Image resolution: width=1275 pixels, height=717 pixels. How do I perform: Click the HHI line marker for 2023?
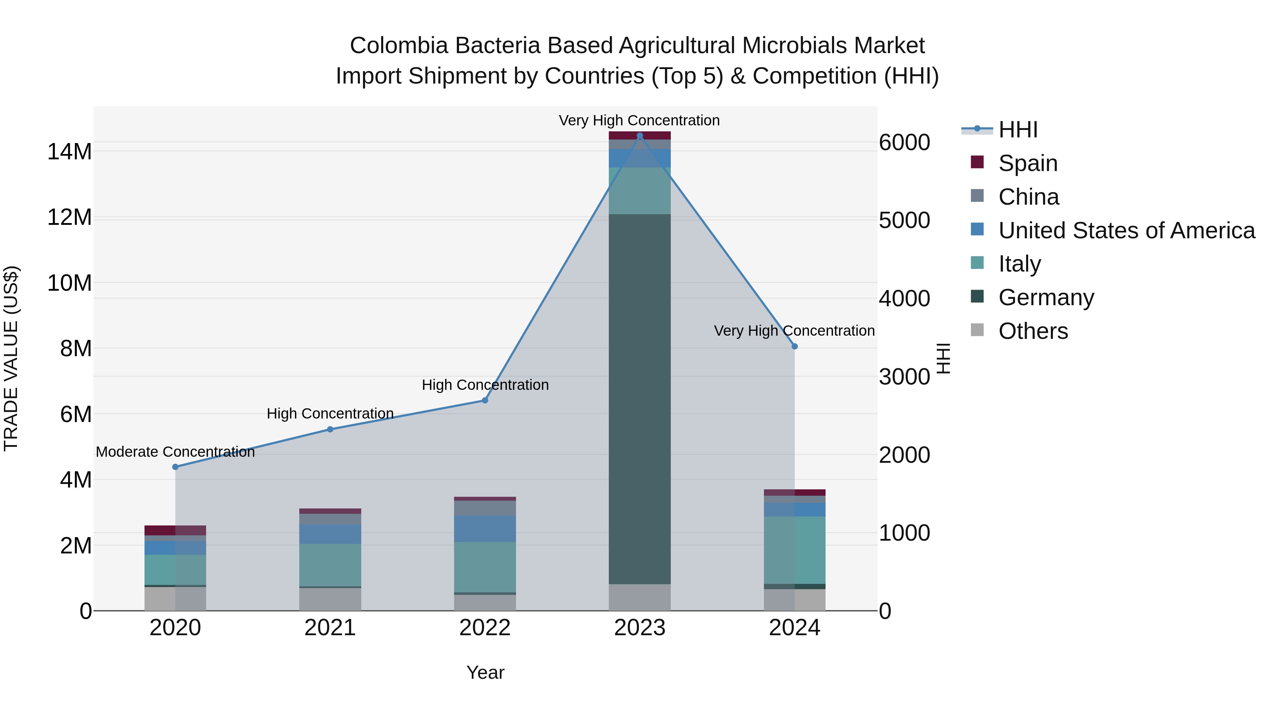tap(640, 136)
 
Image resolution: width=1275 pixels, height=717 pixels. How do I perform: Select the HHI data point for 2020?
tap(175, 467)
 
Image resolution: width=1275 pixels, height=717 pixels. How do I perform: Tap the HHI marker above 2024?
tap(794, 346)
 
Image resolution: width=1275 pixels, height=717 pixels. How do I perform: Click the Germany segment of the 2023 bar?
tap(640, 399)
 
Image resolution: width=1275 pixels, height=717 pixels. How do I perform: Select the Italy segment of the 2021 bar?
tap(330, 565)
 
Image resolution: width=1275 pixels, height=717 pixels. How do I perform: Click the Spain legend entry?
tap(1027, 163)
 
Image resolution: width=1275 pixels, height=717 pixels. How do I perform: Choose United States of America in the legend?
tap(1126, 230)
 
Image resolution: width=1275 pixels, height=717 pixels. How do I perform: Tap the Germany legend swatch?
tap(977, 296)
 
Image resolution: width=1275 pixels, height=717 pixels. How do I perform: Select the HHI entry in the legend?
tap(1017, 130)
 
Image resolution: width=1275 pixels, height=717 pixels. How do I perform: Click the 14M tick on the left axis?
tap(69, 152)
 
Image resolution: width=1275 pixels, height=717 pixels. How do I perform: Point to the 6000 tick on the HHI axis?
tap(904, 142)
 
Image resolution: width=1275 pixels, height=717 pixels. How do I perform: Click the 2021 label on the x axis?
tap(330, 628)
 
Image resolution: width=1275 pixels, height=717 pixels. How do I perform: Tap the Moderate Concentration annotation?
tap(175, 452)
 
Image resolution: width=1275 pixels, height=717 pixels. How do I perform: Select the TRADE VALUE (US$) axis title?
tap(11, 358)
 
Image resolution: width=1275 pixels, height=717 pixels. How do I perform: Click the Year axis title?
tap(485, 672)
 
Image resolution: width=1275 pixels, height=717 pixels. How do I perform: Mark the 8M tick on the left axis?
tap(76, 348)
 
